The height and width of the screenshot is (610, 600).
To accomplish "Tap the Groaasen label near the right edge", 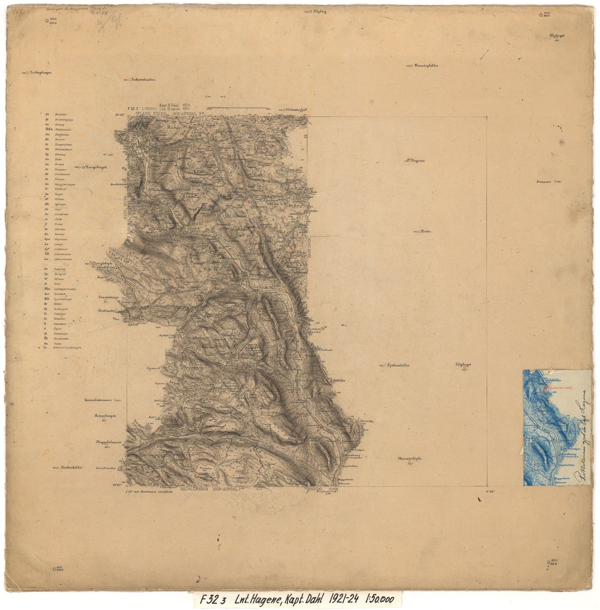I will coord(544,182).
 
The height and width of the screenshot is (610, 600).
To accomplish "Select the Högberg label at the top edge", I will coord(320,12).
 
